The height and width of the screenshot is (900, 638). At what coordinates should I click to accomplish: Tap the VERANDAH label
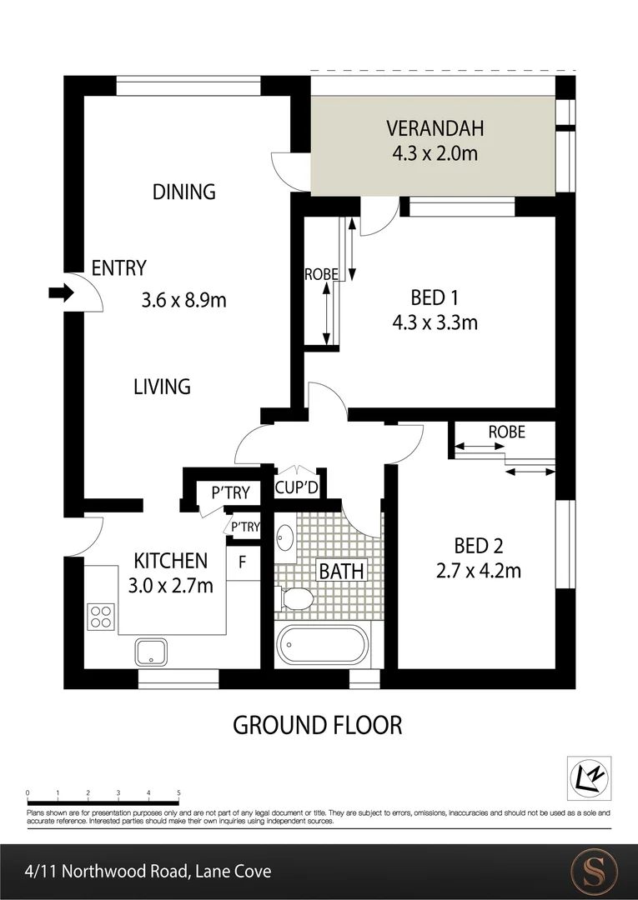435,129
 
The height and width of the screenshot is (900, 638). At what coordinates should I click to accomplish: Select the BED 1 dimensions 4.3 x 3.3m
435,322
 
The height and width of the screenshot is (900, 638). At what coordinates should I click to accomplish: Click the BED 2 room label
478,546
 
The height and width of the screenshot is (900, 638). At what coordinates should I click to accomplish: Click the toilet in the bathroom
295,598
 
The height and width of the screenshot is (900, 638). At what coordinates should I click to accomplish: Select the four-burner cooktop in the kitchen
100,616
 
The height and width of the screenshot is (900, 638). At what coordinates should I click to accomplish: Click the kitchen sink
152,651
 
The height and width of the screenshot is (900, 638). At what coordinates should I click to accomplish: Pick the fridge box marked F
243,561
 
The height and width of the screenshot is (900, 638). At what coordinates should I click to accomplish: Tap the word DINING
184,192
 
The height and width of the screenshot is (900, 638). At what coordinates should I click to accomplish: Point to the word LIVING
162,387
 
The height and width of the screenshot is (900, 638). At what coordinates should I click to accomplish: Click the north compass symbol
589,777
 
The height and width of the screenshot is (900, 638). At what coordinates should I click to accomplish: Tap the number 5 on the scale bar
178,792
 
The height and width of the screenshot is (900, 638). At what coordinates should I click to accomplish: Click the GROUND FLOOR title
317,725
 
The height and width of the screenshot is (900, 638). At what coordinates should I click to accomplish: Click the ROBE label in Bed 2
506,432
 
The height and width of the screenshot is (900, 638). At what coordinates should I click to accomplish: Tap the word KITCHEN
171,560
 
